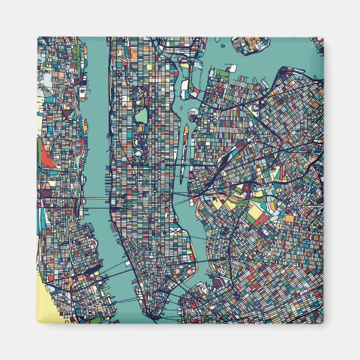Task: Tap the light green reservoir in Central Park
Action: (141, 115)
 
